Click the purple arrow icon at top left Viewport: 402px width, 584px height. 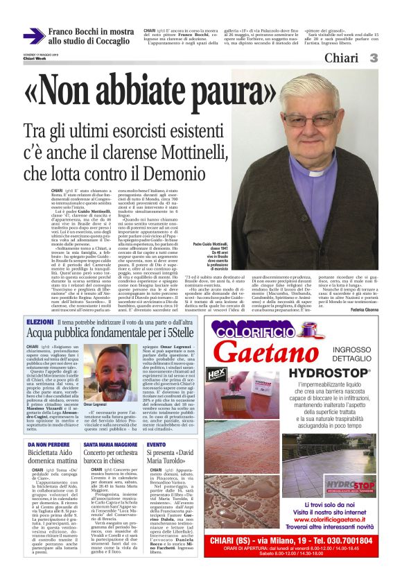[x=33, y=36]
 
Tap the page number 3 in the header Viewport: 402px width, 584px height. [x=373, y=58]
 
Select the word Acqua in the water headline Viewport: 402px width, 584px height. [x=45, y=334]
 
